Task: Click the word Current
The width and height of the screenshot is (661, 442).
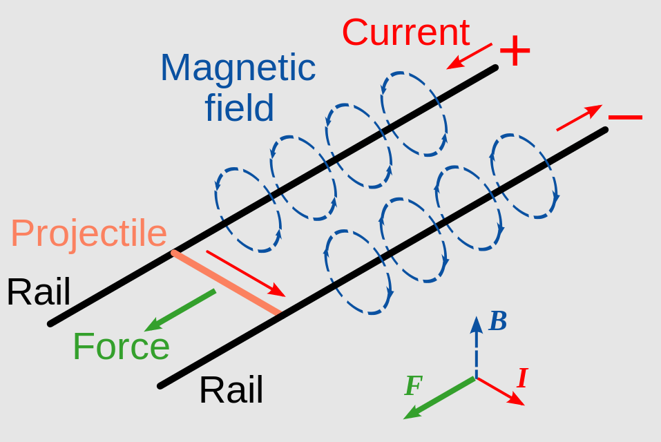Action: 406,32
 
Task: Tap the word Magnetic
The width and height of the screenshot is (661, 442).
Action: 238,68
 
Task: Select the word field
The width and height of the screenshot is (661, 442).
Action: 240,107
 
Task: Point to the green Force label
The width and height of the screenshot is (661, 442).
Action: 122,347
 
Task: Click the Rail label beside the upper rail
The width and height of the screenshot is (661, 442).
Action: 39,292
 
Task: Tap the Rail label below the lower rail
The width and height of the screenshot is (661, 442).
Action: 231,390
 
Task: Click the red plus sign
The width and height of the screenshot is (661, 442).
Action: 515,50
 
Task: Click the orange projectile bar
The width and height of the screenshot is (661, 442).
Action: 227,282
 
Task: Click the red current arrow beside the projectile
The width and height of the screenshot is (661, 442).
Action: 246,273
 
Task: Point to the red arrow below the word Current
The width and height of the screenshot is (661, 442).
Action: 469,56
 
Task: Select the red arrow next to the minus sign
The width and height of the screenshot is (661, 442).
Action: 579,117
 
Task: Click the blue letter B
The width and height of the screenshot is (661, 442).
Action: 498,321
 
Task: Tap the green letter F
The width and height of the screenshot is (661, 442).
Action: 414,385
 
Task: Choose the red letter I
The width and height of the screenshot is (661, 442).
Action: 523,378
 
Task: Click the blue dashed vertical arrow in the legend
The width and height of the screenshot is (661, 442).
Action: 476,347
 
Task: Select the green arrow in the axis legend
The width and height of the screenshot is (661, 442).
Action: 439,398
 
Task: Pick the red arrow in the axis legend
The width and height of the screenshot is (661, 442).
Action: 500,392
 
